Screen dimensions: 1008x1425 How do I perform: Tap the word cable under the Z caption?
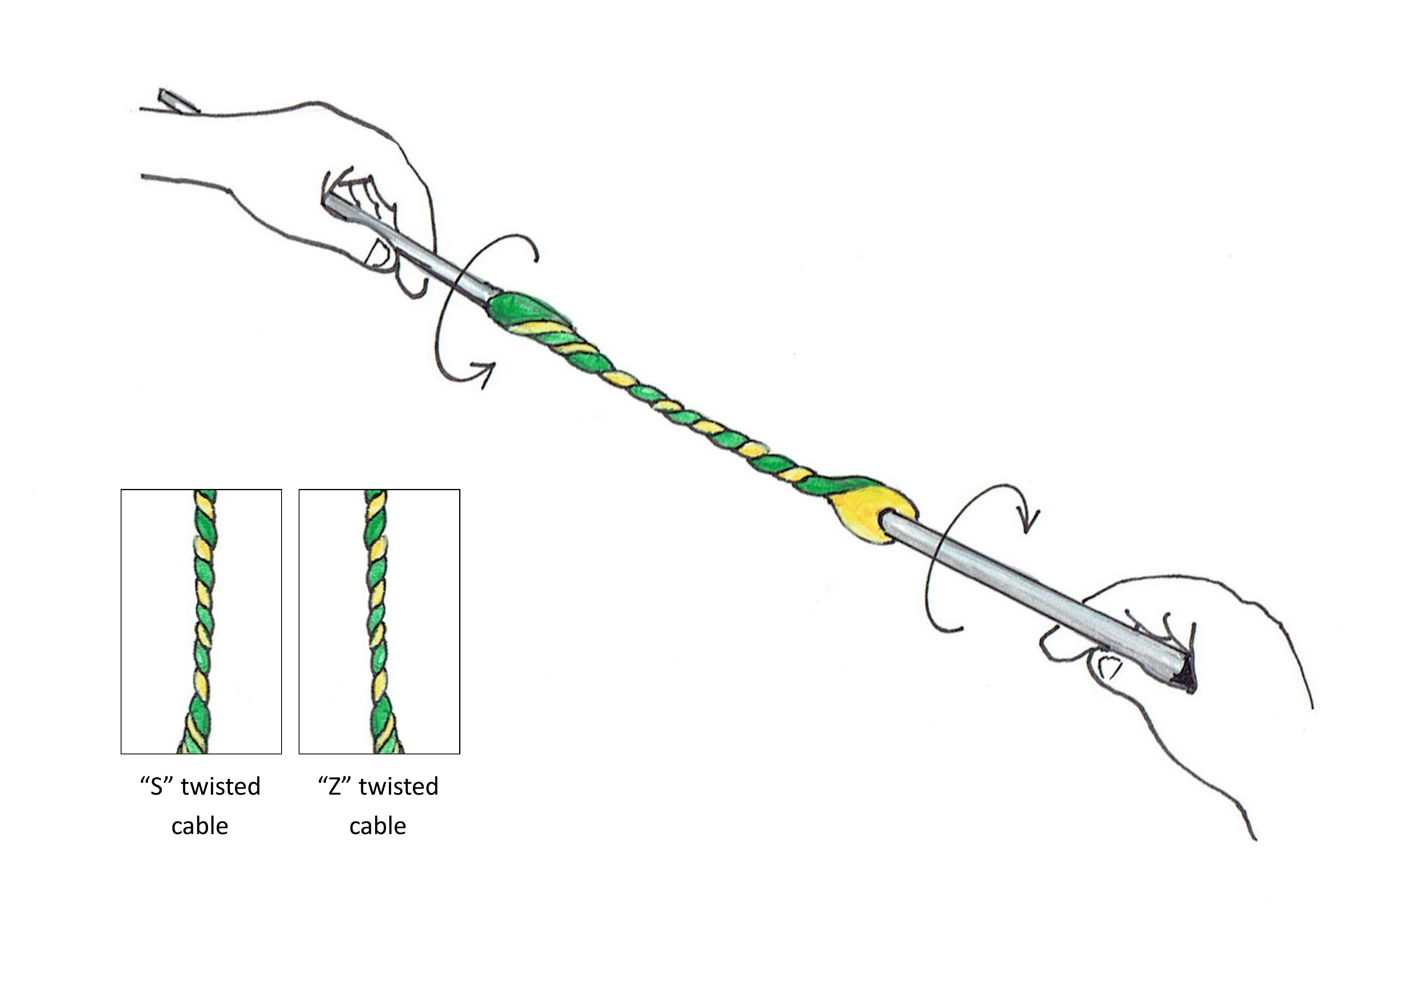click(377, 827)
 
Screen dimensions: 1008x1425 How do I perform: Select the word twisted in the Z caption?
click(399, 787)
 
